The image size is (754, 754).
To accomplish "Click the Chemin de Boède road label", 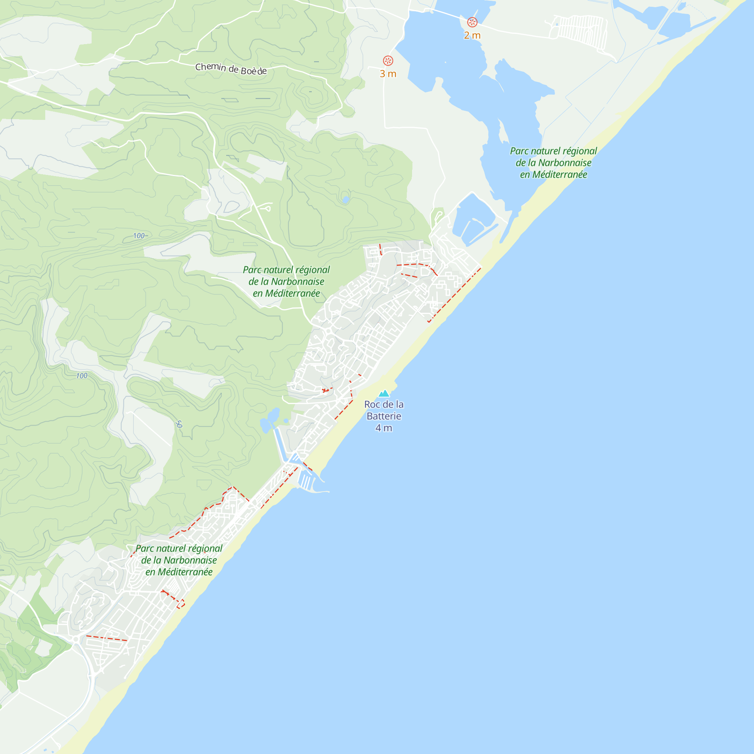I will point(231,69).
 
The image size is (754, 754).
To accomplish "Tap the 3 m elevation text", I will point(388,74).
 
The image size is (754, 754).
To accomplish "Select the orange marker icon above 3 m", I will point(388,60).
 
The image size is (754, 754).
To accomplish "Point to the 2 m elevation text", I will point(472,35).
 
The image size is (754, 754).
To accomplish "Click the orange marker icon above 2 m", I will point(472,22).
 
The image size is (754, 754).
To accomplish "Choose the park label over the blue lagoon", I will point(553,163).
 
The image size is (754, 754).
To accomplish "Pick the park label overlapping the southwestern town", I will point(179,561).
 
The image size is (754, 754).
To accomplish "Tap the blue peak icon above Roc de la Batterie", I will point(384,393).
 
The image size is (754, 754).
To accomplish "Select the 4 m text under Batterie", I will point(384,428).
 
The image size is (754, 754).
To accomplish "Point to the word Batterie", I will point(384,417).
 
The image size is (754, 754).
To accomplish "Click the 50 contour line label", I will point(179,424).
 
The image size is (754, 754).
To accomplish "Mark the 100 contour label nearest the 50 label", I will point(81,376).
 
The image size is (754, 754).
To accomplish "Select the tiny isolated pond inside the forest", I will point(345,200).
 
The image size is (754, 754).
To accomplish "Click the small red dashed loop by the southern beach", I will point(181,604).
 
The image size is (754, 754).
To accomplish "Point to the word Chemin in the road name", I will point(210,67).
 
